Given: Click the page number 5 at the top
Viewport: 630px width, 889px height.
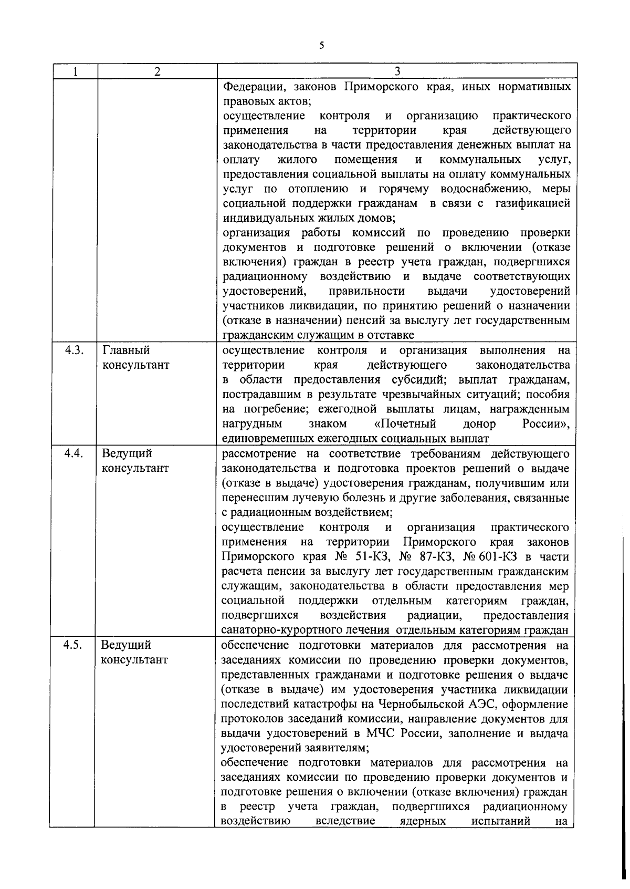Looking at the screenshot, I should click(x=321, y=46).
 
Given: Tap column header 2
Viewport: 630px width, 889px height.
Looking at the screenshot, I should click(x=157, y=71).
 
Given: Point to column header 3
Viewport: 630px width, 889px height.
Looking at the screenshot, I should click(x=397, y=71).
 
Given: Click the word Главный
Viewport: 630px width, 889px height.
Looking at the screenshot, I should click(x=127, y=350).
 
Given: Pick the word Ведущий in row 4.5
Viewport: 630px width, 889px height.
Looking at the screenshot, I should click(x=127, y=645).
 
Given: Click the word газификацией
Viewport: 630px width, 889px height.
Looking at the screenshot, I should click(x=532, y=203).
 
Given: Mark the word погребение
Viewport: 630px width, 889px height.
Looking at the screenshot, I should click(x=274, y=409).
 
